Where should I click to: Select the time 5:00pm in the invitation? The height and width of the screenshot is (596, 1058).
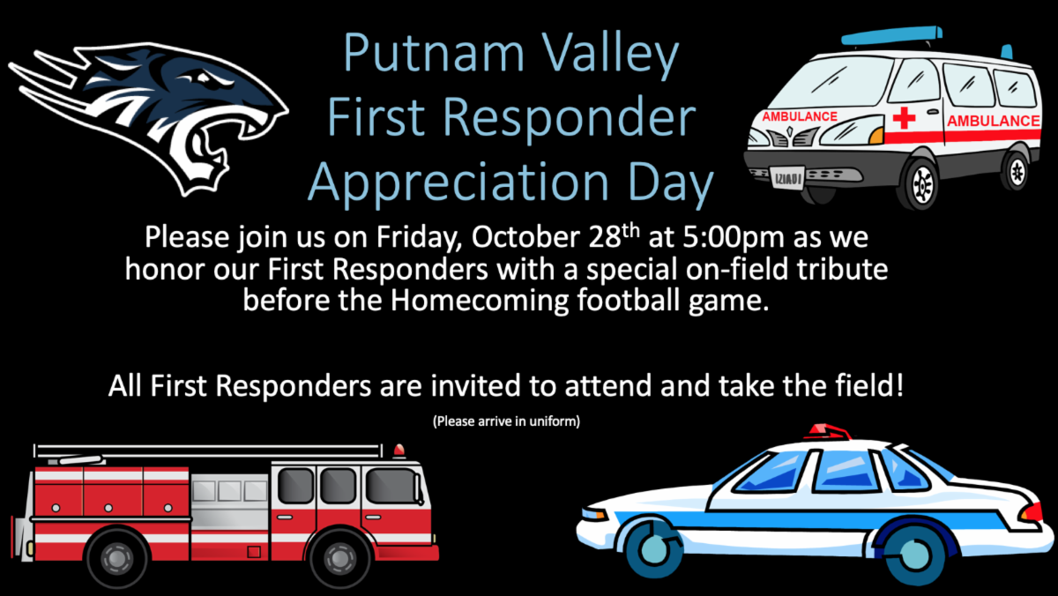(x=734, y=237)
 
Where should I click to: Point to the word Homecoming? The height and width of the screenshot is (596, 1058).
(x=480, y=301)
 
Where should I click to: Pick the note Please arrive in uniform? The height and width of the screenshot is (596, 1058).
(x=506, y=421)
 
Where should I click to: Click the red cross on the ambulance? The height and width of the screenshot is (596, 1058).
(x=904, y=118)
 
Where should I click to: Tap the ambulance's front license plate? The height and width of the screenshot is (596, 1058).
(x=787, y=178)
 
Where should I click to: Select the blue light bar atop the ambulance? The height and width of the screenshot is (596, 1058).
(x=890, y=35)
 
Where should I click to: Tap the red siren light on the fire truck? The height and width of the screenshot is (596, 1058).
(x=399, y=451)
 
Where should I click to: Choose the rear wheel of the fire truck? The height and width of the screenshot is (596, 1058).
(x=116, y=558)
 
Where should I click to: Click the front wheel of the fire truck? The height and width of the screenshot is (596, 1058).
(x=339, y=558)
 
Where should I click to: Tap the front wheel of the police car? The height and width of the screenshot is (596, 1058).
(x=653, y=548)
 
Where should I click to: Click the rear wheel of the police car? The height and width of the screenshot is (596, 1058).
(x=914, y=554)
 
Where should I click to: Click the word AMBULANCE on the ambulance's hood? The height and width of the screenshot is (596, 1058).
(x=800, y=116)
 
